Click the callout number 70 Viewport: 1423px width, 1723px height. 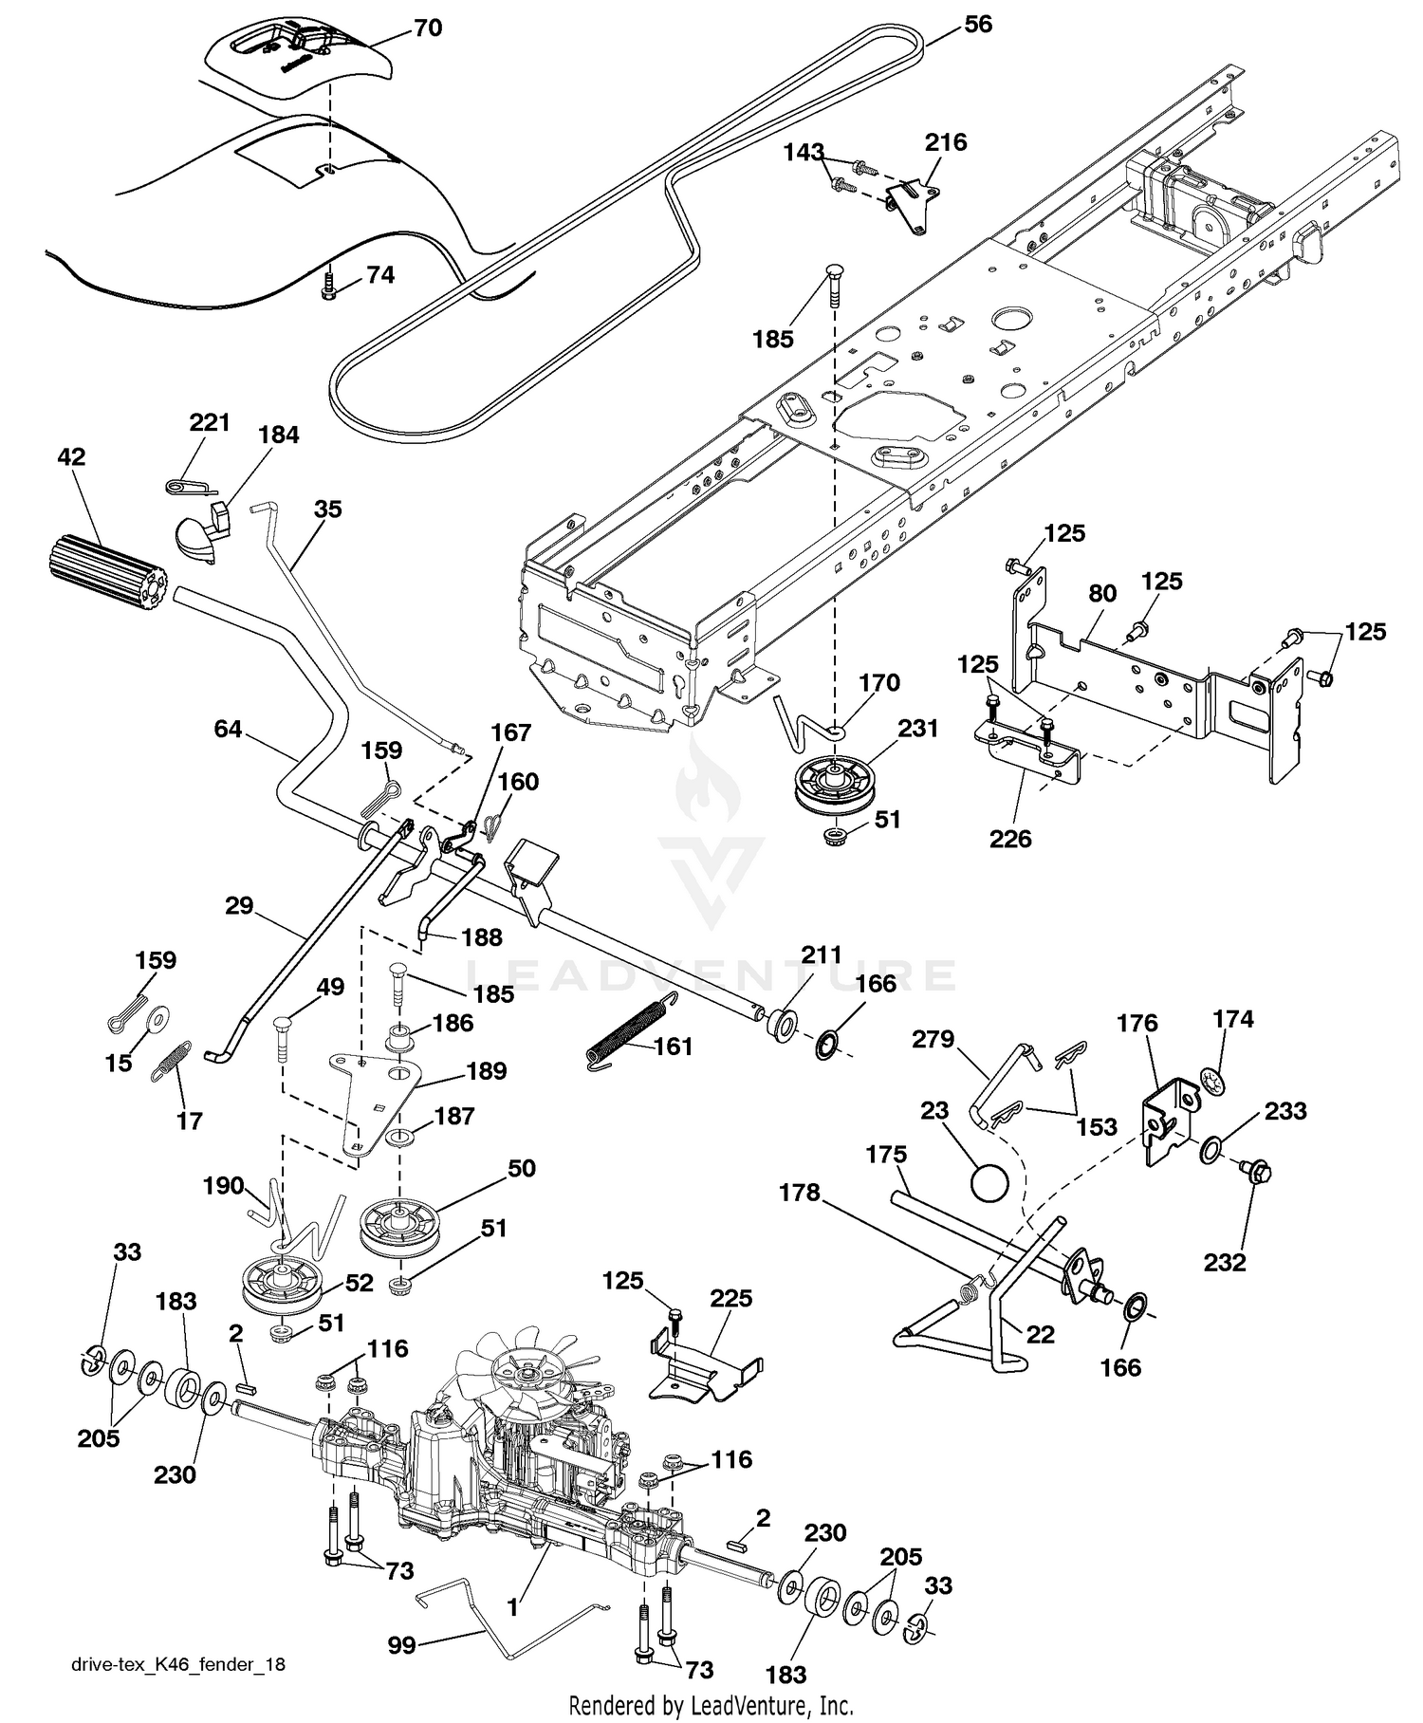(x=428, y=28)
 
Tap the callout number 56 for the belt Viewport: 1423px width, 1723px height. (x=978, y=24)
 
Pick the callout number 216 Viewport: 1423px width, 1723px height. (x=946, y=142)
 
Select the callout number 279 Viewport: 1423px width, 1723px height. (x=933, y=1039)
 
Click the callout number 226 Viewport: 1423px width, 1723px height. (x=1010, y=838)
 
